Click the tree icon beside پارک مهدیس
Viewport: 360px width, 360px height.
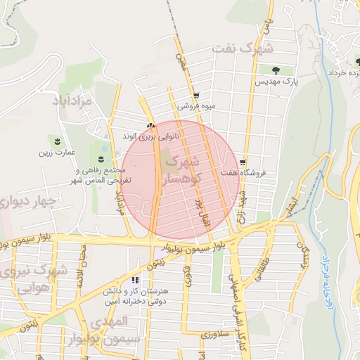(274, 70)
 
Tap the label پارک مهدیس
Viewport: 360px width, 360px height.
(277, 82)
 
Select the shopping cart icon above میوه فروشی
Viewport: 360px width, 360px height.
(196, 96)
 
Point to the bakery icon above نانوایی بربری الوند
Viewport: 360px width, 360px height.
(149, 126)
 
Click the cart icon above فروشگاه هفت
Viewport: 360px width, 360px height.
(244, 161)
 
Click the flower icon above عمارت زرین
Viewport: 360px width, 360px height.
(57, 140)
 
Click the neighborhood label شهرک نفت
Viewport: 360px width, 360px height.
(241, 49)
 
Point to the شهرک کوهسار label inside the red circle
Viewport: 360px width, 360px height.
(181, 171)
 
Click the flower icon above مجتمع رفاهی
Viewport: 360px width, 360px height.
(103, 158)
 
